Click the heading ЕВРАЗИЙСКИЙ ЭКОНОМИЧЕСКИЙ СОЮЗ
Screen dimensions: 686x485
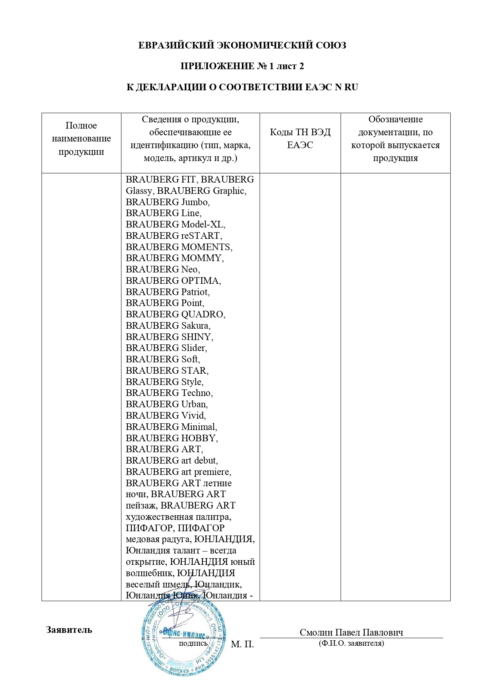click(242, 45)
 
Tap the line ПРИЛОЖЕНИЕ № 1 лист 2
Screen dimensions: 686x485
click(242, 66)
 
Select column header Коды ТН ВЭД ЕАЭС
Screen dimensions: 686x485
click(300, 139)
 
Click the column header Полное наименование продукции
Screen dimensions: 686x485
click(81, 139)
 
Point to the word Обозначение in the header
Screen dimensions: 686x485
click(396, 120)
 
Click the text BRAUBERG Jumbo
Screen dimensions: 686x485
click(167, 202)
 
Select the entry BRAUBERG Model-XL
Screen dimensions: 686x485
click(175, 224)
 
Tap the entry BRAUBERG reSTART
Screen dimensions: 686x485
click(174, 236)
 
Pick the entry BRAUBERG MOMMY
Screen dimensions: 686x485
click(174, 258)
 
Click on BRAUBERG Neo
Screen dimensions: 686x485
click(162, 269)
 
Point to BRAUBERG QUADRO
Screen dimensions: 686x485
click(175, 314)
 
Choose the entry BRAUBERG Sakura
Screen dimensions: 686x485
click(168, 326)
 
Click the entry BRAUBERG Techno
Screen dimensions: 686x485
click(169, 393)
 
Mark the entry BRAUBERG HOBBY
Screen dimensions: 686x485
click(172, 438)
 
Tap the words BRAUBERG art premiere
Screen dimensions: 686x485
click(178, 472)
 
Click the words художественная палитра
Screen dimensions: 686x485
click(178, 517)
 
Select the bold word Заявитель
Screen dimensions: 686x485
click(69, 630)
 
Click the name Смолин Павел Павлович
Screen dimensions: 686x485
click(351, 632)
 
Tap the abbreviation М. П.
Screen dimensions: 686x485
click(242, 644)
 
